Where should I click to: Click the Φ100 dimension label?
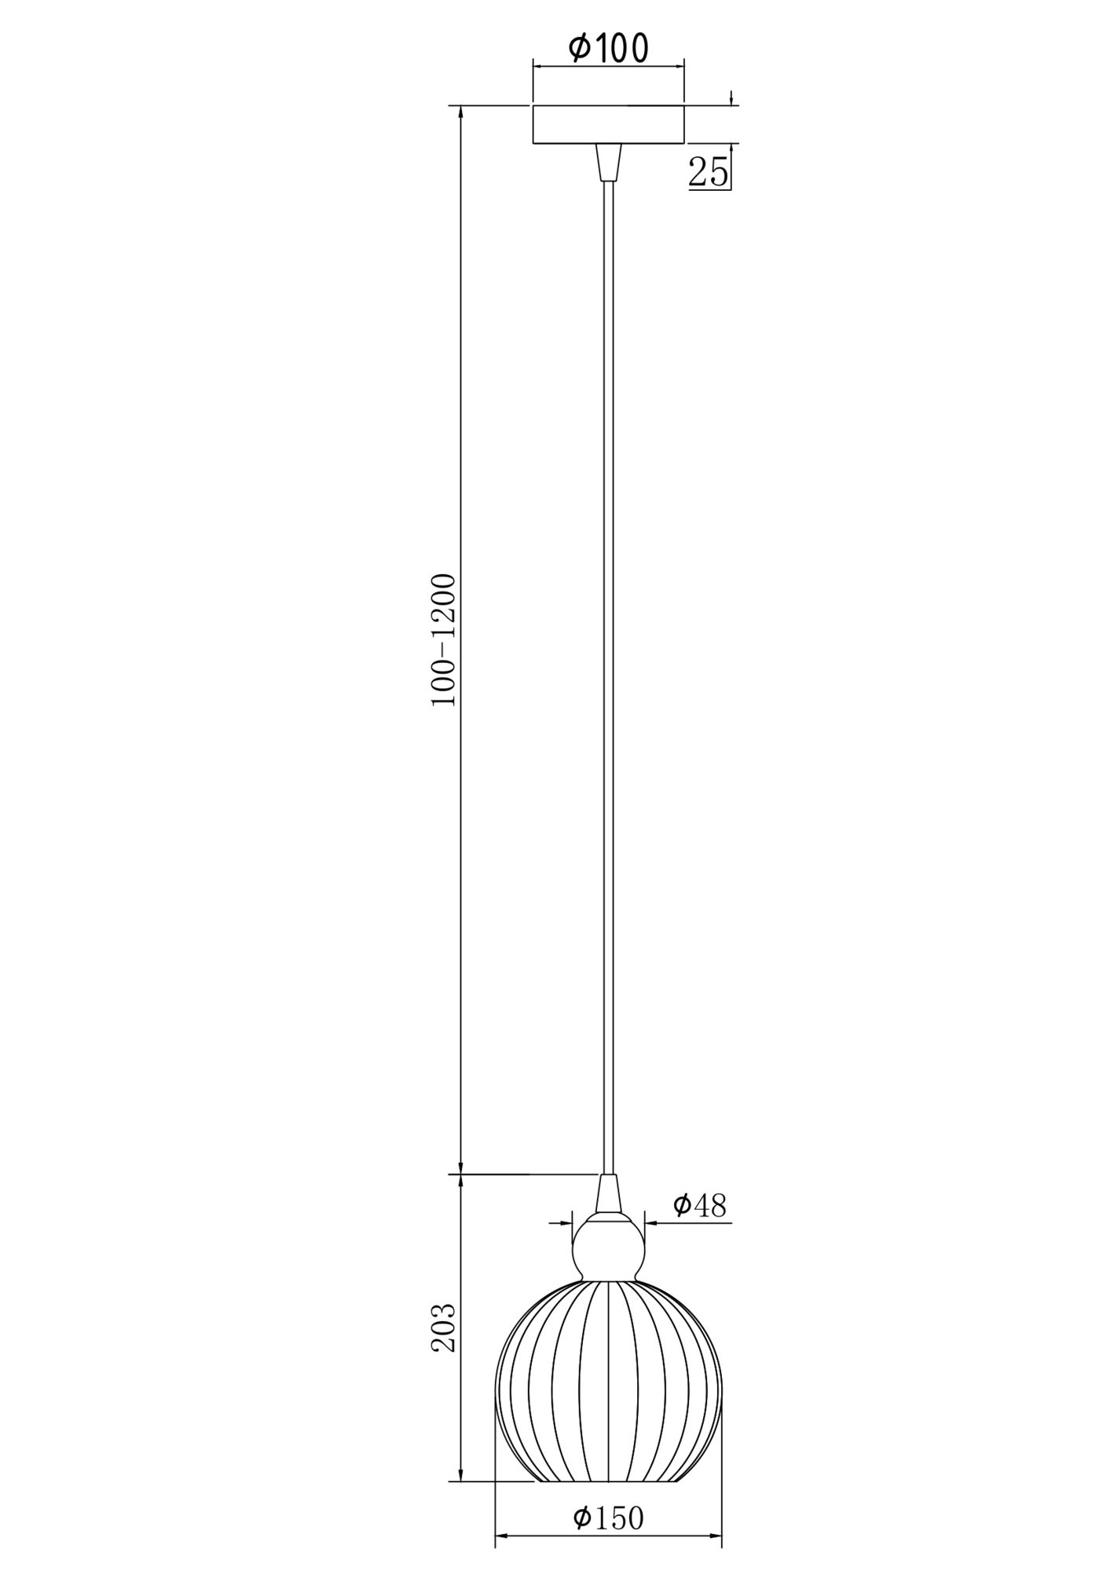click(x=608, y=49)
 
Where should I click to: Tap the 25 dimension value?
click(x=708, y=171)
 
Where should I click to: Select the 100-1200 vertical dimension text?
click(x=444, y=640)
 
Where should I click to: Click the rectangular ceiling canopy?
click(x=608, y=124)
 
